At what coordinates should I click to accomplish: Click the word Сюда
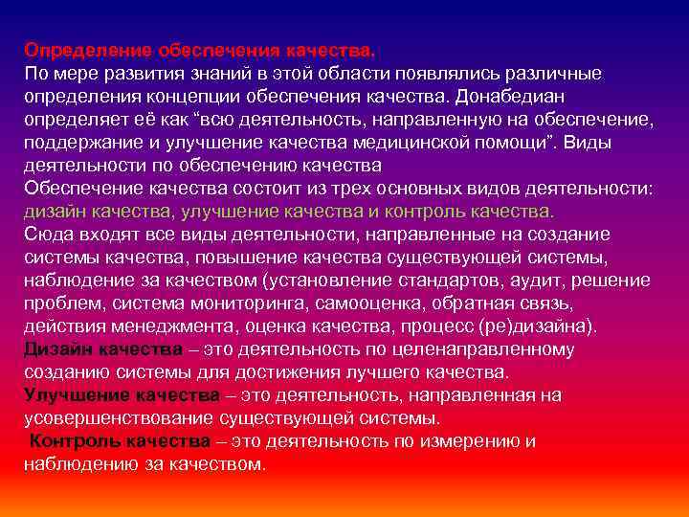pos(47,235)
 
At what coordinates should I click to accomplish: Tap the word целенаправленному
pos(483,349)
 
